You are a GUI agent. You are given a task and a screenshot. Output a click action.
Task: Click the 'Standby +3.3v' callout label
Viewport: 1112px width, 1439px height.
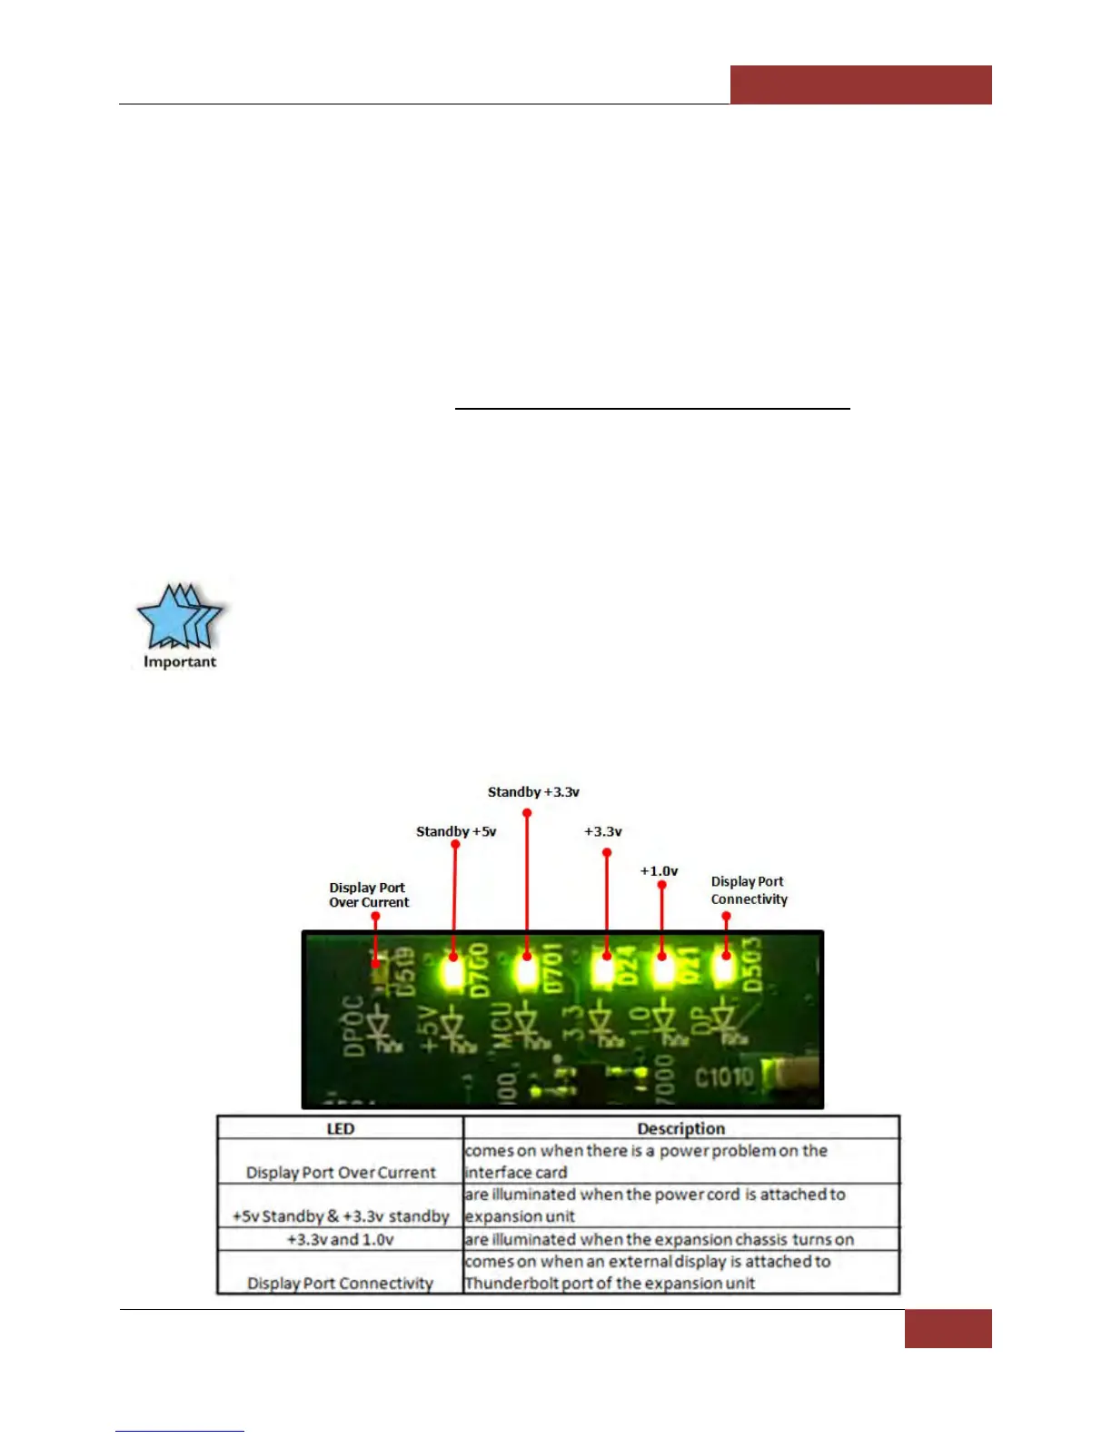click(x=533, y=792)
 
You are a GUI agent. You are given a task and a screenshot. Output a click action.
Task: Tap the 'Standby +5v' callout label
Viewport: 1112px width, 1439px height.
click(x=456, y=831)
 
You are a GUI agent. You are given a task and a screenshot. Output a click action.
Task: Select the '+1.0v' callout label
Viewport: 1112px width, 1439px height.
click(x=659, y=870)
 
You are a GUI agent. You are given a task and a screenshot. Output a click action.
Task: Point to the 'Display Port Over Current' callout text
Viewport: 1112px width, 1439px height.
click(x=368, y=895)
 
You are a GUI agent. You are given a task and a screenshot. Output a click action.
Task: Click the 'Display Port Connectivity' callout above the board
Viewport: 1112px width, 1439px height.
click(x=749, y=890)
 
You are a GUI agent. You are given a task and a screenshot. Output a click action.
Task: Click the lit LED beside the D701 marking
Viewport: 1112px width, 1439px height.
click(x=526, y=971)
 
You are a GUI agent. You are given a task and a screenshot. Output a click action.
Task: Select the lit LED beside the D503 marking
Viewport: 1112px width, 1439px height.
click(x=724, y=968)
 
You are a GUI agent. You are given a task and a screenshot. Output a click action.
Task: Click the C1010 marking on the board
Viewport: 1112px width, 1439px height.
click(x=724, y=1077)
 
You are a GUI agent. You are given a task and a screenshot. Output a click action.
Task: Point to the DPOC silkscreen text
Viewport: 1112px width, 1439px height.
click(x=352, y=1027)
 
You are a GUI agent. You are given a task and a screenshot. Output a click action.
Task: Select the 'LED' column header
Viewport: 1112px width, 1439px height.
click(x=340, y=1128)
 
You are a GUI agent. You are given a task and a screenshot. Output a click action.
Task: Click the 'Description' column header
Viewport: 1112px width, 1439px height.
click(x=680, y=1128)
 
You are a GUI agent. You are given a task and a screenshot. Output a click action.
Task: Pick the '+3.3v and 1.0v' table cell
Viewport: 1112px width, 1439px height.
click(x=340, y=1239)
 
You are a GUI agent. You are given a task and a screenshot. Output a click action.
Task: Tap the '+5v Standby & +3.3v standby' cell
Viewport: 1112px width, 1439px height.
click(x=341, y=1216)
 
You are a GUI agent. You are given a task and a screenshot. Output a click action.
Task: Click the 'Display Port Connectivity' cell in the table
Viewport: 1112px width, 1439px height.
click(x=340, y=1283)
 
